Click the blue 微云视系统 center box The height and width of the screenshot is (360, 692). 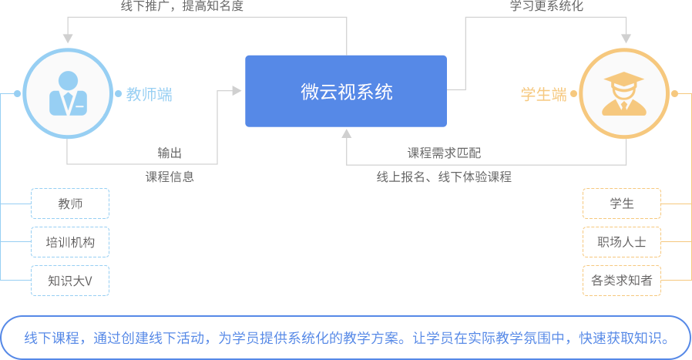(346, 92)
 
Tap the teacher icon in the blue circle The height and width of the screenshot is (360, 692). (68, 94)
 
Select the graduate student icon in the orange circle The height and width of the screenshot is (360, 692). (623, 94)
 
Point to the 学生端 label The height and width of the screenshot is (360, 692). (544, 95)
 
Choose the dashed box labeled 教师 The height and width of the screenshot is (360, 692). (70, 204)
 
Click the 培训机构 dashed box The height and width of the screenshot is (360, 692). (70, 242)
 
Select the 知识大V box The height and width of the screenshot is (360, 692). (70, 281)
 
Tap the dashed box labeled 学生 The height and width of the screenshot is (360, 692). (621, 204)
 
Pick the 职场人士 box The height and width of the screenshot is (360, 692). (621, 242)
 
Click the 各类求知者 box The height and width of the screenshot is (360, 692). (621, 281)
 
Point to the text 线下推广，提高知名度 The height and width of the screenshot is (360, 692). (182, 6)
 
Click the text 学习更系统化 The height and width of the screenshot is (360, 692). (546, 6)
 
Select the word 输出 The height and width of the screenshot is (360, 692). (170, 153)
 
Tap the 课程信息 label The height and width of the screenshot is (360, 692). (170, 177)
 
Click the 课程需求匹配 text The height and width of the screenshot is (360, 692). (444, 153)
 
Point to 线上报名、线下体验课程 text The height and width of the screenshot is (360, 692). (444, 177)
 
